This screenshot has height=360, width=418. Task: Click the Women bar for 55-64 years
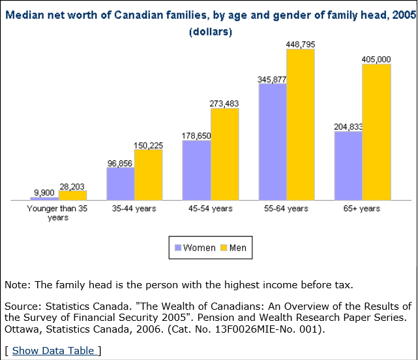point(273,142)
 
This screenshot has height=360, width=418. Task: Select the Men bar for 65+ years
point(376,132)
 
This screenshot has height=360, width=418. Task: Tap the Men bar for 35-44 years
point(148,175)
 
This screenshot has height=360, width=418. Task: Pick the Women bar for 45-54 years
point(196,170)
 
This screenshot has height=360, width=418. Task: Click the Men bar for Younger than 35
point(72,195)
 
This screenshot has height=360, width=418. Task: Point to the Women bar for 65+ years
point(348,166)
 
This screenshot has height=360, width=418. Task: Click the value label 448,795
point(300,44)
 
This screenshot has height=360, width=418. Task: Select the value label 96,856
point(121,162)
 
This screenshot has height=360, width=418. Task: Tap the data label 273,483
point(224,103)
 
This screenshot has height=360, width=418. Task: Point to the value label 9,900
point(44,192)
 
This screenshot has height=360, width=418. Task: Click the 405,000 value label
point(376,59)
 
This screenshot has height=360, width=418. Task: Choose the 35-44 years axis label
point(134,209)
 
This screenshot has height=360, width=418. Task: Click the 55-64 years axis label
point(286,209)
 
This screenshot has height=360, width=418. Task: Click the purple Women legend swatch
point(177,248)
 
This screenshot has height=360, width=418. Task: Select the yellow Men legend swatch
point(223,248)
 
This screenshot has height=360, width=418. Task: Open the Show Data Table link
point(53,351)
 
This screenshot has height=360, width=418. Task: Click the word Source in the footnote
point(22,307)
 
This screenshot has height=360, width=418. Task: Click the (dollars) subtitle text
point(210,31)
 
